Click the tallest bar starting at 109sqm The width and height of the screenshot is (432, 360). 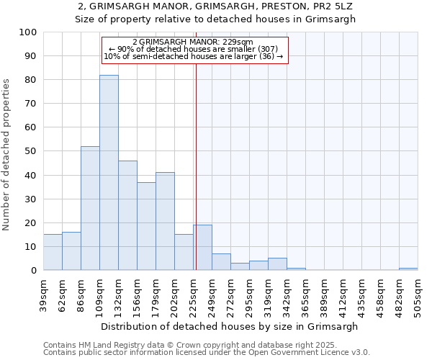coord(109,173)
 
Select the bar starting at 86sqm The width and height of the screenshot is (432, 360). coord(90,208)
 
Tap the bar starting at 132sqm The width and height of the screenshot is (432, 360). coord(127,215)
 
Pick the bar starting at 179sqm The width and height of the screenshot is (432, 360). coord(165,221)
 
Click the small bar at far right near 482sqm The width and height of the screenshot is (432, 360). coord(408,269)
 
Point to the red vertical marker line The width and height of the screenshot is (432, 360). coord(196,180)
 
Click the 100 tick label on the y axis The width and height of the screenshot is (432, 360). coord(28,32)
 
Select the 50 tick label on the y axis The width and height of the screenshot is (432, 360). coord(31,151)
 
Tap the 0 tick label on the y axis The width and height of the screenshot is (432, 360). coord(34,270)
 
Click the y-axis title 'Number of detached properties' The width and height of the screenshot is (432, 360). coord(7,155)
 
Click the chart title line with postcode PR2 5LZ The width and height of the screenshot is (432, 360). coord(216,6)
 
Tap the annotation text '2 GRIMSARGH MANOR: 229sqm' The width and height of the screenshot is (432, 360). coord(193,42)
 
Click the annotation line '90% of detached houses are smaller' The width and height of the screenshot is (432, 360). coord(193,49)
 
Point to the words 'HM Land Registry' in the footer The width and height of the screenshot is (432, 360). coord(107,345)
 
